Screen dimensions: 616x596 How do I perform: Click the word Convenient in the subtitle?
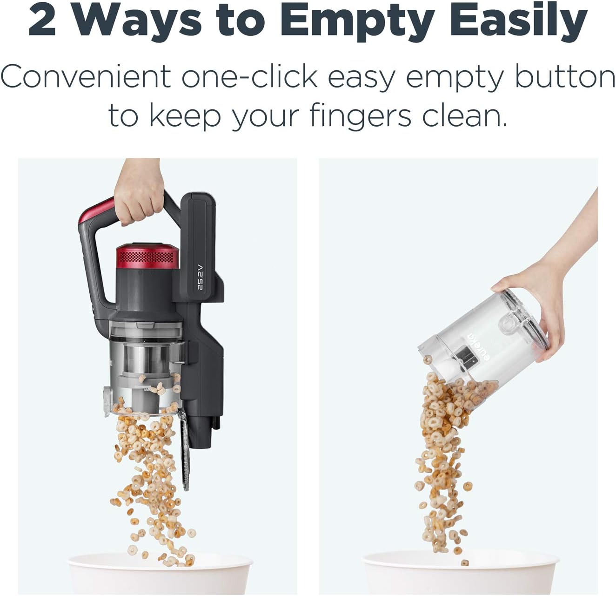tap(86, 76)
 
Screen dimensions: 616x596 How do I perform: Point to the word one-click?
tap(249, 76)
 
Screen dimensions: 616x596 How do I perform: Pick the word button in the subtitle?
tap(565, 76)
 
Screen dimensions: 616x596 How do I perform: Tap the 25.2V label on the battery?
tap(201, 277)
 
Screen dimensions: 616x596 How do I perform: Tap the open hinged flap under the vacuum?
tap(185, 449)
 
